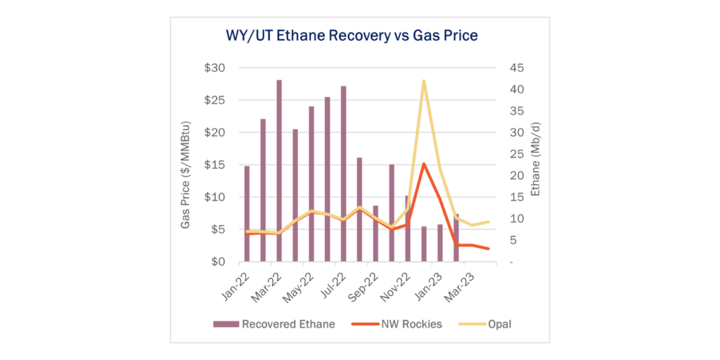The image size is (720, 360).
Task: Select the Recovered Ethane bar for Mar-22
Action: [278, 171]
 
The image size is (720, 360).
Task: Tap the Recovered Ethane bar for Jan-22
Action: [247, 214]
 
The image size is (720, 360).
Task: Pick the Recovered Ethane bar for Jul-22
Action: [343, 174]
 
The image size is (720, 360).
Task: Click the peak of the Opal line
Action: [423, 81]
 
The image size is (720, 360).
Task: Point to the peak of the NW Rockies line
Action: [423, 164]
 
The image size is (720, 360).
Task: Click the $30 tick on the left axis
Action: [215, 68]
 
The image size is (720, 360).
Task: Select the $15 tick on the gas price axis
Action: [215, 165]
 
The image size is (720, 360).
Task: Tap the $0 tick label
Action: [217, 262]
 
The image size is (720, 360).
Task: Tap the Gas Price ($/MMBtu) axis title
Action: [185, 175]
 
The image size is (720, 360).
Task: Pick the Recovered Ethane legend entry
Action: [274, 324]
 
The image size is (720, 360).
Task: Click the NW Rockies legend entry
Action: [397, 324]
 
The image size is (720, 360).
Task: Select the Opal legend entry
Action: [485, 324]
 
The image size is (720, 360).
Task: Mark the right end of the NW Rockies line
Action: [488, 248]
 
